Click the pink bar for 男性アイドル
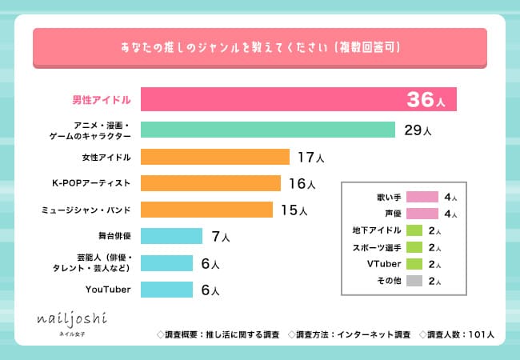tap(272, 99)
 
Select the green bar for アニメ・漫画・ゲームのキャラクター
tap(268, 130)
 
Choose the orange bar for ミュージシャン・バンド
tap(208, 210)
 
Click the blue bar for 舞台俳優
tap(171, 236)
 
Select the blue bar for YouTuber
tap(166, 289)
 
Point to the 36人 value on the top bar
tap(430, 100)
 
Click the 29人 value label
tap(418, 130)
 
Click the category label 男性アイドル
tap(98, 100)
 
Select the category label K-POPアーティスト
tap(91, 183)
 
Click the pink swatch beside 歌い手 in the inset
tap(422, 197)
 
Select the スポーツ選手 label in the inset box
tap(376, 247)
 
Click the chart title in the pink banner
tap(259, 49)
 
